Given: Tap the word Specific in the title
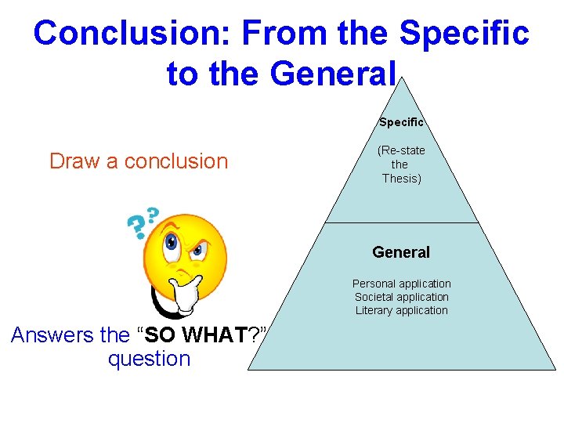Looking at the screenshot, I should tap(464, 34).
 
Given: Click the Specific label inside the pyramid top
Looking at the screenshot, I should tap(401, 122).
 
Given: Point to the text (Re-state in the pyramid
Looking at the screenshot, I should tap(401, 150).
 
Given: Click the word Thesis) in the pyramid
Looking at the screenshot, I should tap(401, 179).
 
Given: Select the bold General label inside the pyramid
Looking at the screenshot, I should tap(401, 252).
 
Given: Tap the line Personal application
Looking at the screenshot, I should tap(401, 284).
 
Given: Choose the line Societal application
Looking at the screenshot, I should tap(401, 297).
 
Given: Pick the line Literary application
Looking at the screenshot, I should tap(401, 310).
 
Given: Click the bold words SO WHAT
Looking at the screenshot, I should tap(196, 335).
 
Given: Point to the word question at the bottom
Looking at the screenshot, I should tap(149, 360).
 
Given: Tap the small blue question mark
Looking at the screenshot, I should tap(152, 214).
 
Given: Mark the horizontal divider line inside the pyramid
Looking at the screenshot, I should tap(401, 223).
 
